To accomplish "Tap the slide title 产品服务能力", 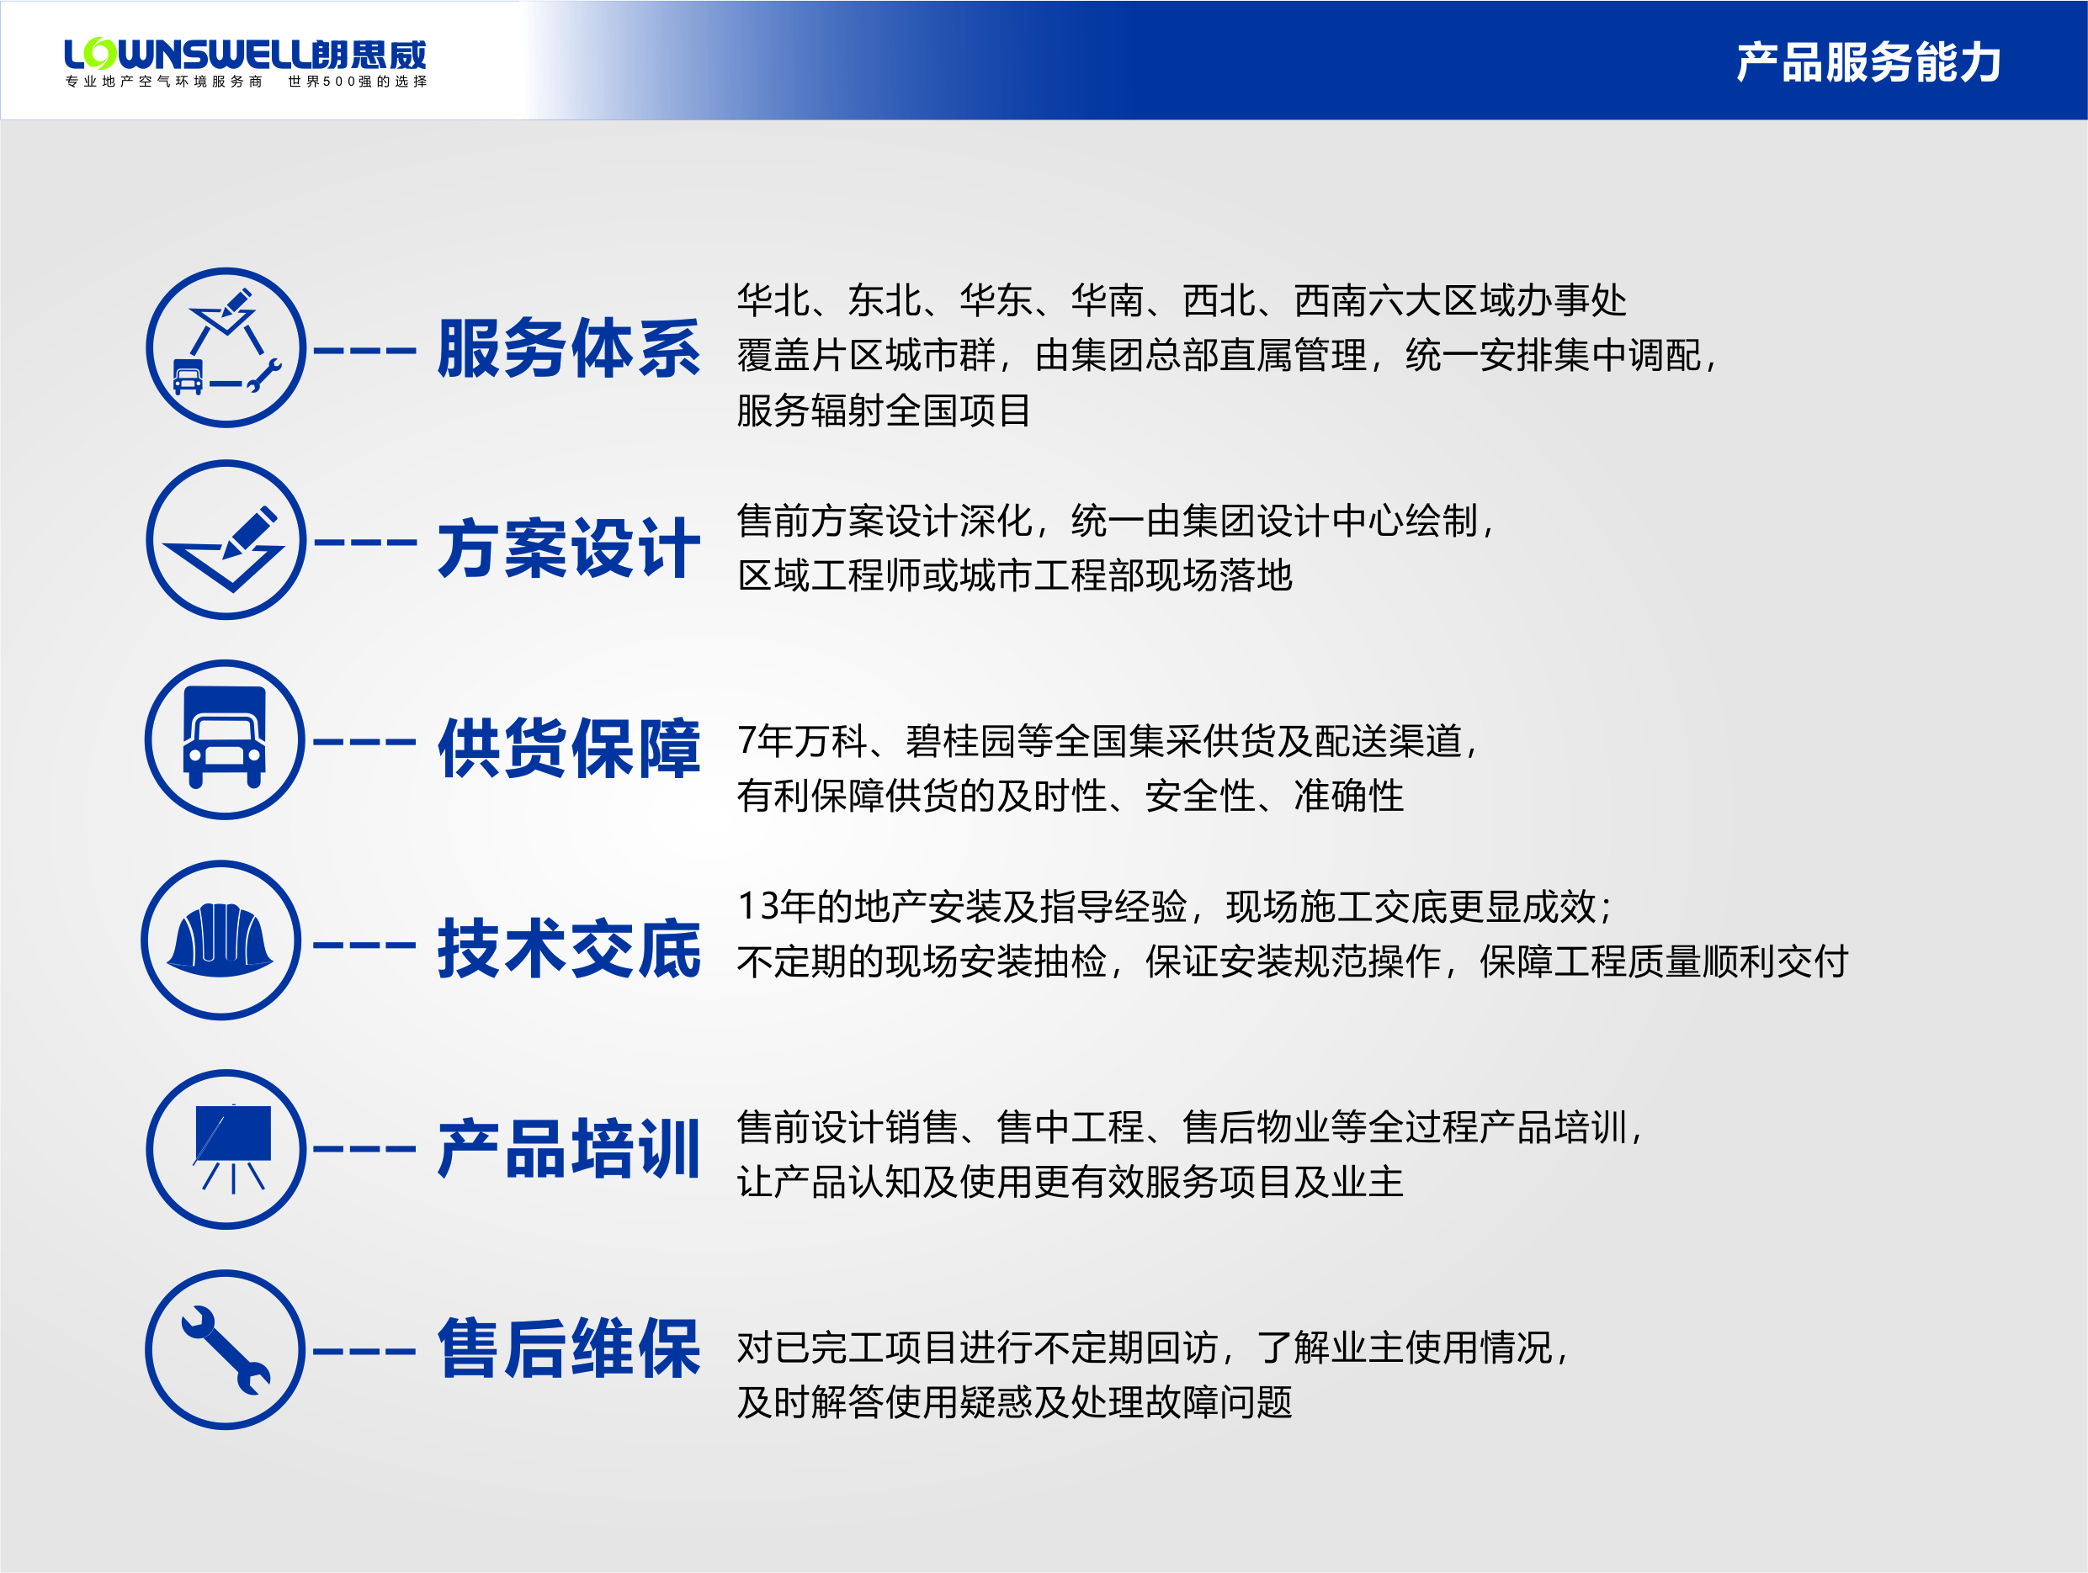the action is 1868,62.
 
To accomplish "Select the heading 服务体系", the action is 569,348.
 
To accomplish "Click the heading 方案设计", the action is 569,548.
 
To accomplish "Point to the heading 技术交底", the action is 569,948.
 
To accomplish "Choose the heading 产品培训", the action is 569,1148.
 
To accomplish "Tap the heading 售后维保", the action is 569,1348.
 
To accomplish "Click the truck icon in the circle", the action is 225,738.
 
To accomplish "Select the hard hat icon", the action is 220,940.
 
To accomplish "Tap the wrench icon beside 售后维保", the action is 226,1349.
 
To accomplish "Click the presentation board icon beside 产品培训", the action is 232,1148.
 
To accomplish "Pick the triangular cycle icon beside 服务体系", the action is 226,342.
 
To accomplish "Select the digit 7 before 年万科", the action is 746,741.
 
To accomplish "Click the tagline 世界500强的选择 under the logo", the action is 358,82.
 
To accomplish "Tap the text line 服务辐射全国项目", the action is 884,410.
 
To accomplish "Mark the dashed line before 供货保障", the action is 364,743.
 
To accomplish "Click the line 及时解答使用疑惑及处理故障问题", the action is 1015,1402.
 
